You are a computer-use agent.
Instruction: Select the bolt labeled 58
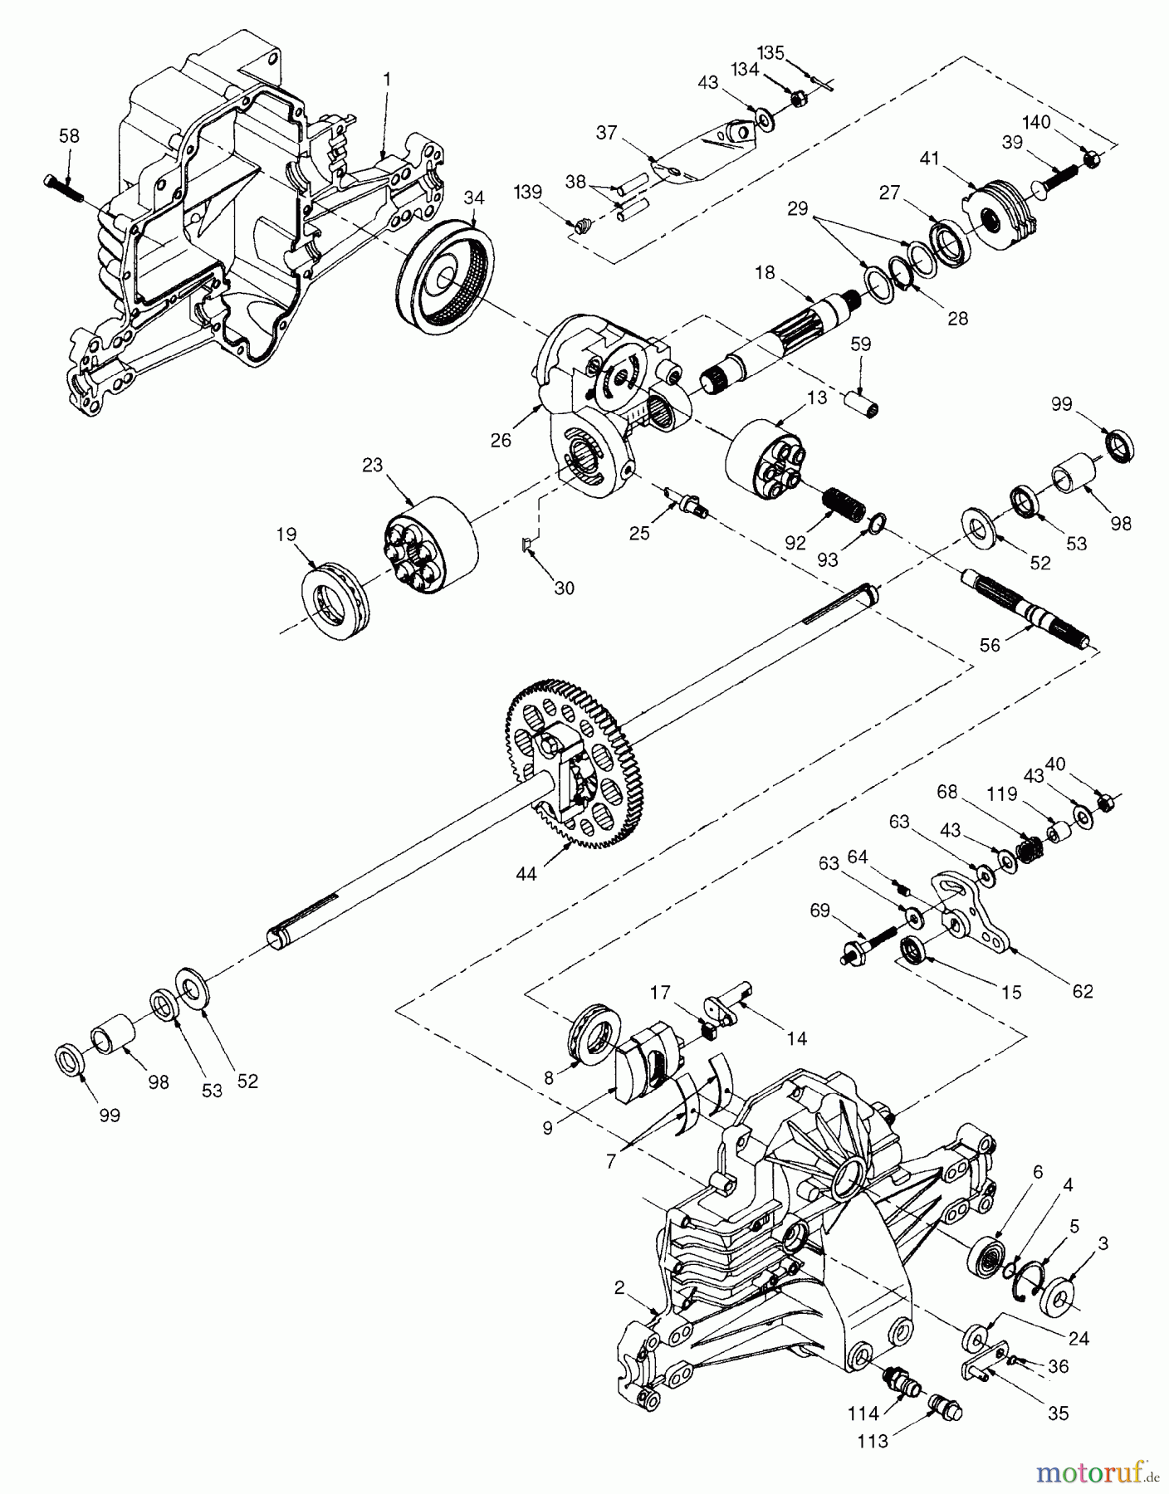coord(62,188)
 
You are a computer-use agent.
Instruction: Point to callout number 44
coord(526,872)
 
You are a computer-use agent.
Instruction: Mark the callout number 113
coord(873,1442)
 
